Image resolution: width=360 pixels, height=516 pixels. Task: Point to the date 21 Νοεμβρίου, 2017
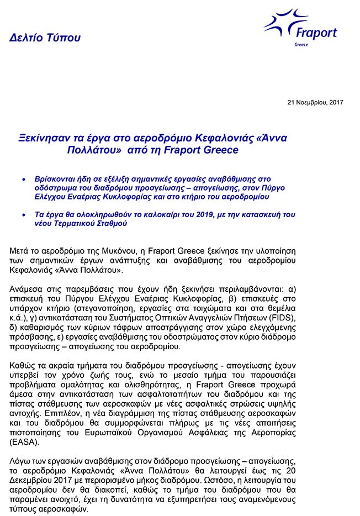click(x=315, y=103)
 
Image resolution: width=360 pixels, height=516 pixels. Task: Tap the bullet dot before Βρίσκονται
click(x=23, y=180)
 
